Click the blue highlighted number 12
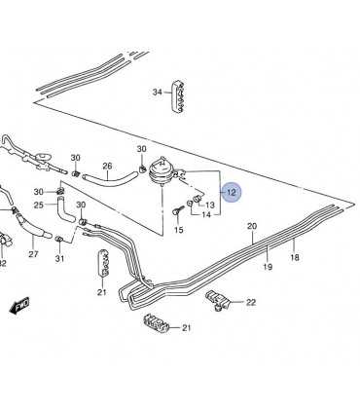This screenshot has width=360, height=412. point(232,192)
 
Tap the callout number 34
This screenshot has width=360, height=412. point(158,93)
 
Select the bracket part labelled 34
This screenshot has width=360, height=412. point(178,96)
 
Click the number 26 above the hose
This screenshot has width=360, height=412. point(107,167)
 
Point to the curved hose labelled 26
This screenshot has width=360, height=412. point(109,179)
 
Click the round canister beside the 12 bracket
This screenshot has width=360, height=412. point(161,171)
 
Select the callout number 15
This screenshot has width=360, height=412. point(179,230)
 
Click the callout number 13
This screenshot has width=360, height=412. point(210,205)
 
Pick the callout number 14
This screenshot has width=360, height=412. point(206,215)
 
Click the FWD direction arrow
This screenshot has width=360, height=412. point(19,305)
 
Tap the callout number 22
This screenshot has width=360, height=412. point(251,302)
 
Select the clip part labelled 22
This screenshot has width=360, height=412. point(218,299)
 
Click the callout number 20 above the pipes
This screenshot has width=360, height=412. point(252,226)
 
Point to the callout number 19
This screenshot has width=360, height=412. point(268,267)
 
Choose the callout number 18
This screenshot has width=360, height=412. point(294,258)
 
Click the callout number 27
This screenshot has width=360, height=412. point(33,254)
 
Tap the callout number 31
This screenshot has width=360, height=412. point(59,258)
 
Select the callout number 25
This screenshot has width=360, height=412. point(39,206)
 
